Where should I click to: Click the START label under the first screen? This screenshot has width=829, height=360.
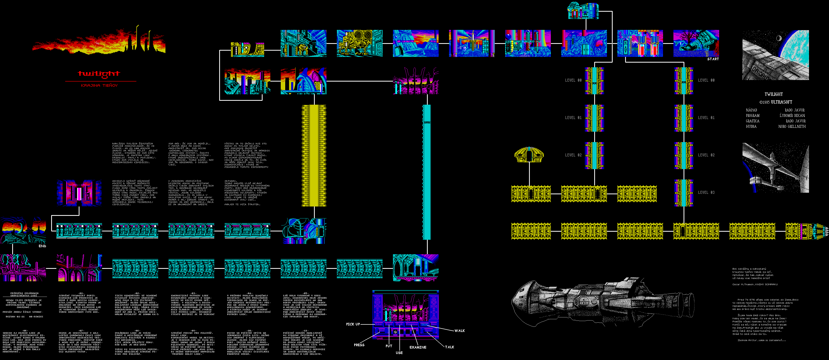[713, 59]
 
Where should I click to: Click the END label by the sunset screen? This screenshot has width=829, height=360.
[42, 246]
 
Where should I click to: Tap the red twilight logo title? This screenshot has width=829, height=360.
[99, 74]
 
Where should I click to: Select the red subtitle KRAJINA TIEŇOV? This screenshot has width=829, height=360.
[99, 85]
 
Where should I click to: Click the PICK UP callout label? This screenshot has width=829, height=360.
[353, 324]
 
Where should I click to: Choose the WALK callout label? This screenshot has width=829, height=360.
[459, 331]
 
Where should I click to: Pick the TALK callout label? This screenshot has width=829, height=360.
[450, 347]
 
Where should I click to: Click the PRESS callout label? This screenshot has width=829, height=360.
[359, 345]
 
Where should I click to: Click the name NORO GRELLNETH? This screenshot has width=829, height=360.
[792, 127]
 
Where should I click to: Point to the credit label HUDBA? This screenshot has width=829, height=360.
[751, 127]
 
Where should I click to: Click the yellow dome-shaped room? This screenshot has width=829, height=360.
[529, 155]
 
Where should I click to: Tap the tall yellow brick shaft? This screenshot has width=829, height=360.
[314, 155]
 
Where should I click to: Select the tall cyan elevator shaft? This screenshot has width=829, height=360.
[427, 172]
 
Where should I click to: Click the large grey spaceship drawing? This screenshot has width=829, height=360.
[602, 302]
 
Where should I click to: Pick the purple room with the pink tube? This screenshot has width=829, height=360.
[79, 193]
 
